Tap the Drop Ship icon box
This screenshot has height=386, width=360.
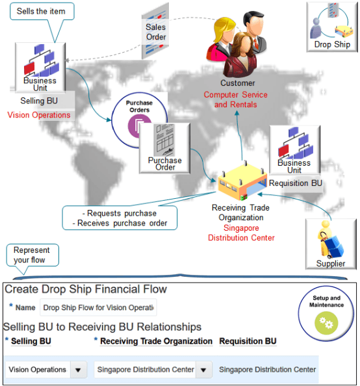pyautogui.click(x=331, y=26)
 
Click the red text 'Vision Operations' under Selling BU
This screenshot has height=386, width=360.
pyautogui.click(x=39, y=115)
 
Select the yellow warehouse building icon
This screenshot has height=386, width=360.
pyautogui.click(x=241, y=182)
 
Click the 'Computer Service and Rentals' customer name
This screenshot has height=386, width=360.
pyautogui.click(x=236, y=99)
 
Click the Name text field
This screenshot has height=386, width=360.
pyautogui.click(x=98, y=307)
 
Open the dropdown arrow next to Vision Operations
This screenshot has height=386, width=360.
pyautogui.click(x=78, y=370)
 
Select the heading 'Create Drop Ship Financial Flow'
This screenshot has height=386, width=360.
pyautogui.click(x=85, y=289)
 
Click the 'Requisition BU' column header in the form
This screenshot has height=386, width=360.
pyautogui.click(x=248, y=341)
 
